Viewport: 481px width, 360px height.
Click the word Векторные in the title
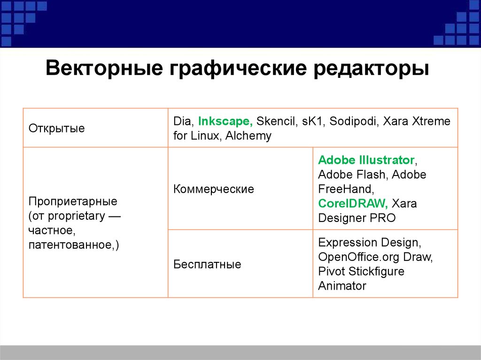coord(104,68)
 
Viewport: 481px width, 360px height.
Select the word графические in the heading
coord(238,68)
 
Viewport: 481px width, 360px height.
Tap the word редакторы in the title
coord(371,69)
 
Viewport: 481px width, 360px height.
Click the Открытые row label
coord(56,128)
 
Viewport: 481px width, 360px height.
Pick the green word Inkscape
coord(225,122)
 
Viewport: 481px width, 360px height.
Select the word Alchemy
coord(248,136)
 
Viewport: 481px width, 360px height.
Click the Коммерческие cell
coord(214,189)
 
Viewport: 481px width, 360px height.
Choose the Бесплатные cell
coord(207,264)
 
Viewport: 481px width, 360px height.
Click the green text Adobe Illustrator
coord(366,160)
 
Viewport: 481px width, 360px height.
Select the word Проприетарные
coord(73,201)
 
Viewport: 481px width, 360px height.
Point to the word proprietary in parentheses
coord(76,216)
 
